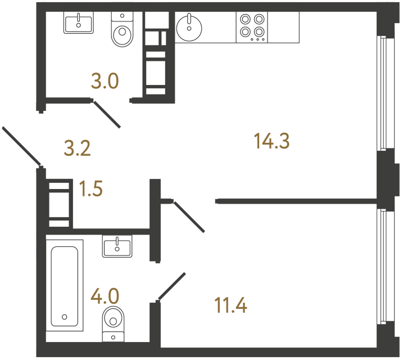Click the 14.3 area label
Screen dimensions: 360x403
[271, 142]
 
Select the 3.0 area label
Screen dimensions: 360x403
[105, 82]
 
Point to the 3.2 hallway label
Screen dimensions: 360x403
[77, 149]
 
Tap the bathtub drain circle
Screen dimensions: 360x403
[65, 317]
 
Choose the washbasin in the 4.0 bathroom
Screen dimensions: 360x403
[117, 246]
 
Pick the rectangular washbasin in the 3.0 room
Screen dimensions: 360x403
[78, 23]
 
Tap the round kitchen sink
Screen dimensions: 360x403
[189, 26]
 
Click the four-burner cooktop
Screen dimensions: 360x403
[252, 26]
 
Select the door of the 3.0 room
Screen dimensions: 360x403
[107, 114]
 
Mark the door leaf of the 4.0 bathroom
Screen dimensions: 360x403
[172, 286]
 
